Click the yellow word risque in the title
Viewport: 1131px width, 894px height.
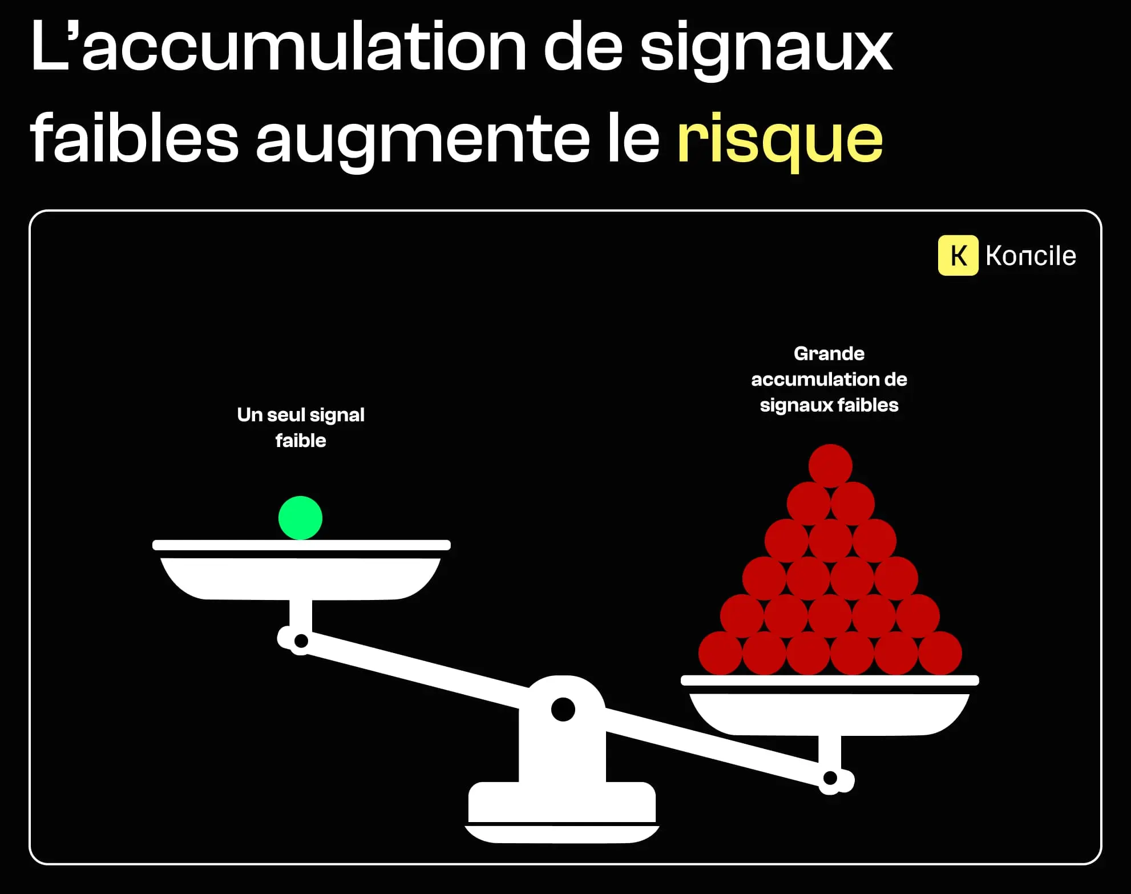(x=779, y=140)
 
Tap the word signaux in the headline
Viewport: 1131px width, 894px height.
(x=766, y=49)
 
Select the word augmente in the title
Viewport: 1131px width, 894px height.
(x=422, y=140)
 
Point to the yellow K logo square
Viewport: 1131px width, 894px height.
(x=958, y=255)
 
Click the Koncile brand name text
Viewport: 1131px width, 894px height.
(x=1031, y=256)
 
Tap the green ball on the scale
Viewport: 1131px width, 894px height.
(x=300, y=518)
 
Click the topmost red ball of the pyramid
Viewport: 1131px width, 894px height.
(x=830, y=465)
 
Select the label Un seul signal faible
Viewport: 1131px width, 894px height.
(x=301, y=427)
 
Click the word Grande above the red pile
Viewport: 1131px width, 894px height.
(x=829, y=353)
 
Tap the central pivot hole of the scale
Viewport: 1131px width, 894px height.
(x=563, y=709)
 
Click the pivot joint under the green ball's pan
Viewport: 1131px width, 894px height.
(x=301, y=641)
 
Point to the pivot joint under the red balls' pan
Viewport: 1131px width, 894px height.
(x=830, y=778)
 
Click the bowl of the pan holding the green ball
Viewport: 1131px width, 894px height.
(x=301, y=578)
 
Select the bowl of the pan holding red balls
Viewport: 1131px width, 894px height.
(x=829, y=714)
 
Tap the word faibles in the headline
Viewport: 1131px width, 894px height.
(x=134, y=140)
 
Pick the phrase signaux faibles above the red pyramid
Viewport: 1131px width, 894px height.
(x=829, y=405)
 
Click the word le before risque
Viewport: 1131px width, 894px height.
(x=633, y=140)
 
